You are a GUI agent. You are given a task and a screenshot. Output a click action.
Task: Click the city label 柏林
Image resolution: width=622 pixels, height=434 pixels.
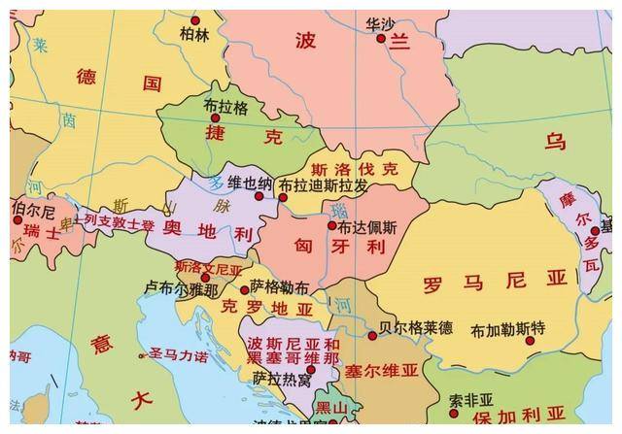click(x=194, y=34)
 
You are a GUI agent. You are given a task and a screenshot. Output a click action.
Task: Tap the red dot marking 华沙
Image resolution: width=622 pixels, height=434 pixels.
click(x=381, y=39)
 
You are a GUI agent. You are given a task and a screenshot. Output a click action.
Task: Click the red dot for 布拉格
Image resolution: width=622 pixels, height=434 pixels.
click(x=216, y=117)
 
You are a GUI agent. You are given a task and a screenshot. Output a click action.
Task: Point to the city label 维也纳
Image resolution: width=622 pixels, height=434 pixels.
click(x=250, y=182)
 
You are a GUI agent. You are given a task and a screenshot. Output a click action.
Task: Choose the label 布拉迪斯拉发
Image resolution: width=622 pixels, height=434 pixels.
click(x=323, y=184)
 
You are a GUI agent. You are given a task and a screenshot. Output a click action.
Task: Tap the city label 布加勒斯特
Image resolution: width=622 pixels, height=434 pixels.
click(x=508, y=330)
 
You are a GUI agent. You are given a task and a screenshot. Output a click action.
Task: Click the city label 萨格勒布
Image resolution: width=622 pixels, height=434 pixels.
click(x=280, y=287)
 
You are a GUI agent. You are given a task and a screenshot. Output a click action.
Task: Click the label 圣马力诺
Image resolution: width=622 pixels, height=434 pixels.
click(x=178, y=356)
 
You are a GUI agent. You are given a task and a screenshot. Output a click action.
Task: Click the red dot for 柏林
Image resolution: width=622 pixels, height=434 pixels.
click(x=194, y=19)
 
